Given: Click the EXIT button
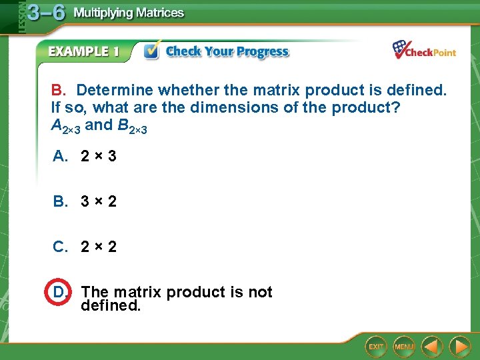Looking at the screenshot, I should pyautogui.click(x=377, y=347).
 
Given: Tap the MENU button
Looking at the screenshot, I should pyautogui.click(x=403, y=347).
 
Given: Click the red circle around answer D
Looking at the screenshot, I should pyautogui.click(x=59, y=292).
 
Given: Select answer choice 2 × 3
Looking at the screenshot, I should pyautogui.click(x=98, y=156).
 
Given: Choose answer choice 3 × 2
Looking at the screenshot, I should pyautogui.click(x=98, y=201).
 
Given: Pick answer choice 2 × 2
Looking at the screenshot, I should pyautogui.click(x=98, y=247).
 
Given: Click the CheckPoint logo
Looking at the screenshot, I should pyautogui.click(x=424, y=51).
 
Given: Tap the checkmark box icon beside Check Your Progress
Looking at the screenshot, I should pyautogui.click(x=152, y=51).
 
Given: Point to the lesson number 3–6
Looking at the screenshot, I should pyautogui.click(x=45, y=13).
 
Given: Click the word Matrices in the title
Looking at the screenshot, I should pyautogui.click(x=157, y=13).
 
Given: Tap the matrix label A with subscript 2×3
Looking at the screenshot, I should pyautogui.click(x=65, y=125).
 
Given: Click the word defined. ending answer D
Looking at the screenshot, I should pyautogui.click(x=111, y=306).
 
